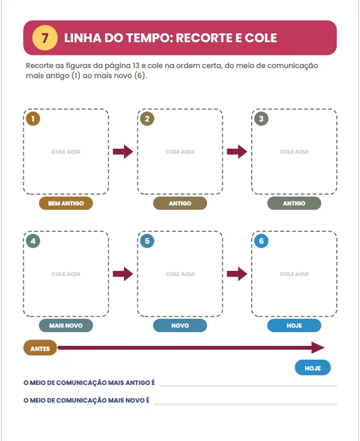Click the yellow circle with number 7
45,38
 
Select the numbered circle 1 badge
33,118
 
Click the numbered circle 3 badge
261,118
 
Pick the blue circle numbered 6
261,241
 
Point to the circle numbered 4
33,241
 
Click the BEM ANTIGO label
65,203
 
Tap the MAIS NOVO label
65,326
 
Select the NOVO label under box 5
180,326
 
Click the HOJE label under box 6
295,326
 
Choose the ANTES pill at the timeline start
40,348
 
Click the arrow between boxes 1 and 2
123,152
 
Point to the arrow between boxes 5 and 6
237,274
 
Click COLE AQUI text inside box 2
180,152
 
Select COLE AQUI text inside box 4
65,274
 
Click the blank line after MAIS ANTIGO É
248,386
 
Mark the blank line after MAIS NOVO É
245,404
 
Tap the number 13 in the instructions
136,66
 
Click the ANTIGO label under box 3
295,203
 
